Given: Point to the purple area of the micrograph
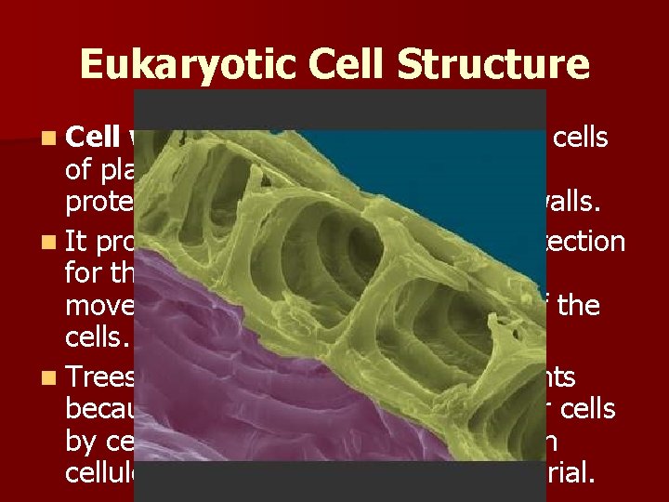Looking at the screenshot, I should (x=232, y=390).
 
